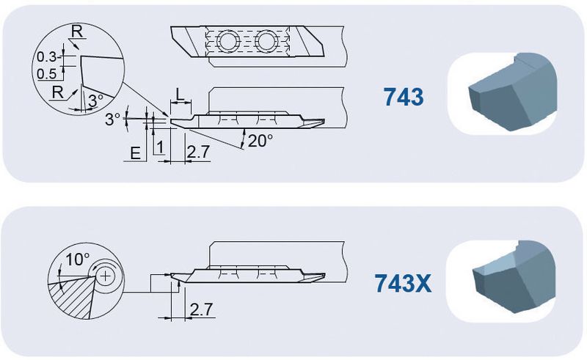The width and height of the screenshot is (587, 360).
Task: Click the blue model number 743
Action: pos(403,97)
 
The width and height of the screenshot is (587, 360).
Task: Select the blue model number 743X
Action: pos(403,283)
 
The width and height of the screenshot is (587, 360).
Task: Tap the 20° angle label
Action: pos(260,141)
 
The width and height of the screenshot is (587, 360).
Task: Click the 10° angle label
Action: pos(78,259)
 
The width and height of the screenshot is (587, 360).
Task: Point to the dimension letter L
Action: pos(180,95)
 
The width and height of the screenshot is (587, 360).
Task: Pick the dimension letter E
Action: pos(135,153)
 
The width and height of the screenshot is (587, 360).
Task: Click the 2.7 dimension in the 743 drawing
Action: pos(198,152)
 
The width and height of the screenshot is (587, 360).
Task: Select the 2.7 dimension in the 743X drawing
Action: pos(201,309)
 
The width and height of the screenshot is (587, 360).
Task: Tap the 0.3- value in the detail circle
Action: pos(48,57)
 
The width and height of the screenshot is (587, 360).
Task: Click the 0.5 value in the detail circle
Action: pos(47,74)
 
